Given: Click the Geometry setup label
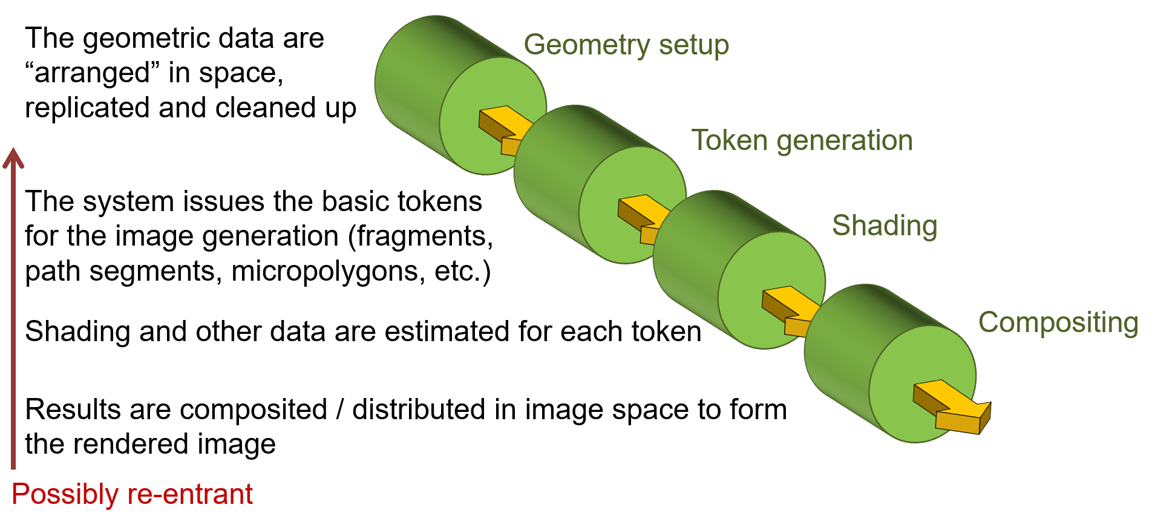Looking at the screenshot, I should (x=626, y=45).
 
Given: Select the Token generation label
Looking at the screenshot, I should (x=802, y=141).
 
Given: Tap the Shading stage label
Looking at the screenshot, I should (x=885, y=226).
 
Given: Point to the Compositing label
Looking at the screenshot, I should (x=1058, y=323).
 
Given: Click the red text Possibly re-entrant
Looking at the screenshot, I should (x=132, y=495).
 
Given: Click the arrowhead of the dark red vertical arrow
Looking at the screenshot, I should (x=13, y=158).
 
